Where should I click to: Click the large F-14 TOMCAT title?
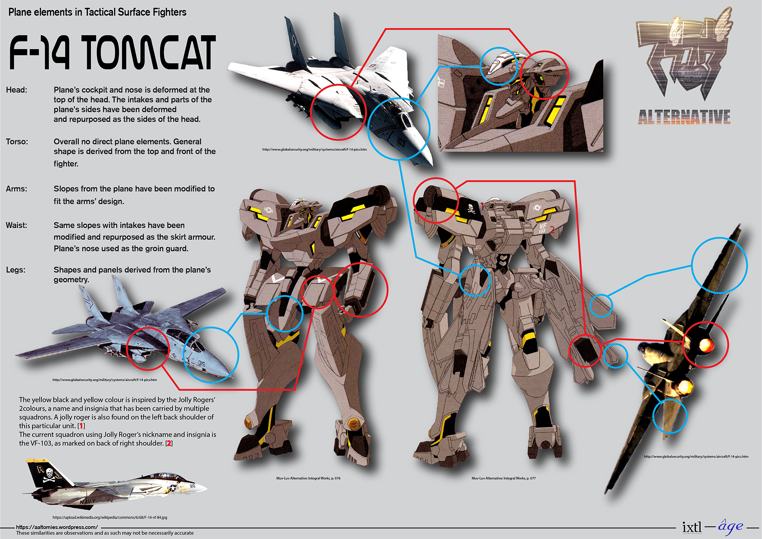pos(112,53)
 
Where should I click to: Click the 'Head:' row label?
pos(16,90)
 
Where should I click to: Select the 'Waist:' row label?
pos(16,225)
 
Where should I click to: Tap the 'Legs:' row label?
pos(16,270)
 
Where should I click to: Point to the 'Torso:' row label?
pos(17,142)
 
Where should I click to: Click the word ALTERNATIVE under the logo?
pos(684,117)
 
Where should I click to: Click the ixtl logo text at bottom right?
pos(692,527)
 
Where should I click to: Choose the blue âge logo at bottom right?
pos(730,526)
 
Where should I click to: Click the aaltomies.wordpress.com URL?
pos(57,527)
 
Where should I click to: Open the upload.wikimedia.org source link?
pos(109,517)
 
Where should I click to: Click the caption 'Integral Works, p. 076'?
pos(308,478)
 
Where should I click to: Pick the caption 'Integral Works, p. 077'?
pos(504,478)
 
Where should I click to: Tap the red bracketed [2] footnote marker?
pos(169,443)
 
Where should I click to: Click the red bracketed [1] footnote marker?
pos(81,426)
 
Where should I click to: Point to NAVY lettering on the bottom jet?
pos(87,501)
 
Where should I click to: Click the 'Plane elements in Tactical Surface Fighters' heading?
pos(97,12)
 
